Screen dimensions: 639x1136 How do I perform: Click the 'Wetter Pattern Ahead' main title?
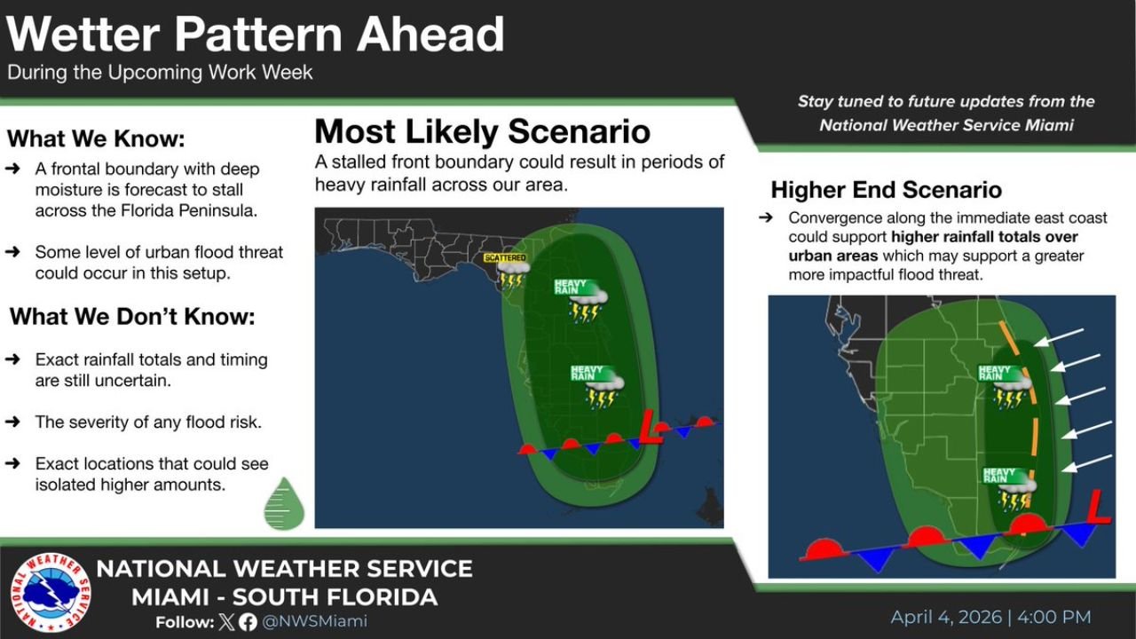(256, 35)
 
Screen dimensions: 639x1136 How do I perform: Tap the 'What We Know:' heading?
(97, 139)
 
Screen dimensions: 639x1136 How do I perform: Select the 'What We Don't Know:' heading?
(131, 317)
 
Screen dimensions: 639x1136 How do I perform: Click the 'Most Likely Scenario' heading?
(482, 132)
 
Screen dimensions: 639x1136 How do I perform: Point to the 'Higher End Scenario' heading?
(886, 190)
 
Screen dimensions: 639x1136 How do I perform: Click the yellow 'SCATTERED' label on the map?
(505, 257)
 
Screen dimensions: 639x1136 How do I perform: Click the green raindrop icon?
(284, 503)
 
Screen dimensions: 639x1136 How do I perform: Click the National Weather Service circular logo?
(51, 593)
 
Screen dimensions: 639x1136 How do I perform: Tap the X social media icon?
(228, 622)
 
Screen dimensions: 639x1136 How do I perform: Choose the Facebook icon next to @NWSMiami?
(248, 622)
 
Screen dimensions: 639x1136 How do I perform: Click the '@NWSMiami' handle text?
(314, 622)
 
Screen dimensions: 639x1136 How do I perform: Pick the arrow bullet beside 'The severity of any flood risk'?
(13, 422)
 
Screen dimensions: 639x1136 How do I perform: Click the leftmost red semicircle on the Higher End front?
(824, 549)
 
